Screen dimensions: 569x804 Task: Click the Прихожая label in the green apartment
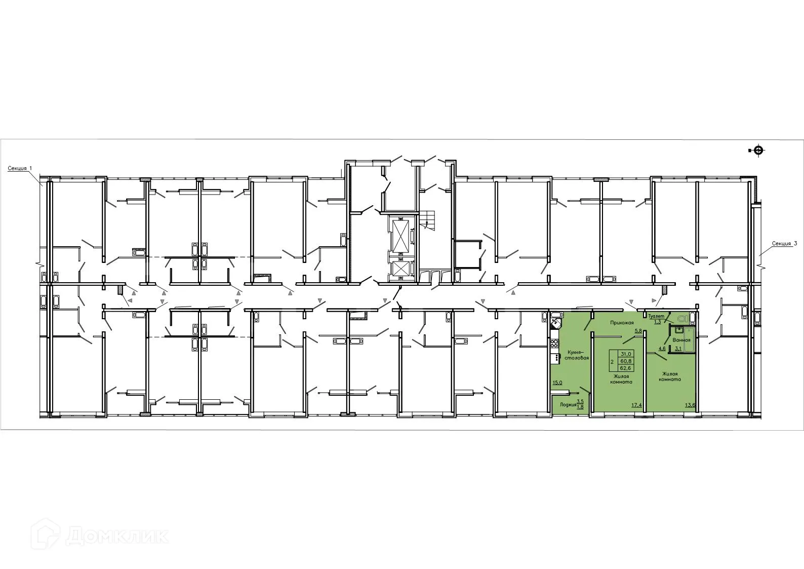coord(622,322)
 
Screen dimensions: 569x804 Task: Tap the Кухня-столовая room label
coord(577,354)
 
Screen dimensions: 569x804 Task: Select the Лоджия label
coord(568,405)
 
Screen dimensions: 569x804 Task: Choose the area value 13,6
coord(690,405)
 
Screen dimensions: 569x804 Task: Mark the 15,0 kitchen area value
coord(557,383)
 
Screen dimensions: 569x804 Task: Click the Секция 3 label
coord(784,244)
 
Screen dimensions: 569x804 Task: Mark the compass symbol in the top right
coord(757,150)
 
